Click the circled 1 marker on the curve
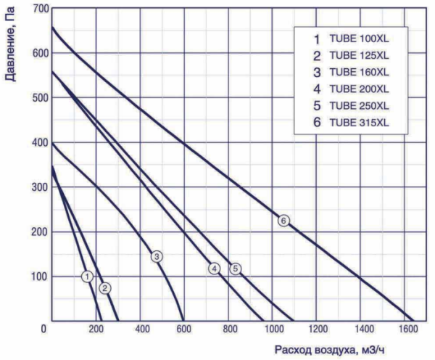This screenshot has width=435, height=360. [x=87, y=277]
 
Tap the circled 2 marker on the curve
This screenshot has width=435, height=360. [x=105, y=288]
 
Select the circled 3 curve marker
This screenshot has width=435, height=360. [x=157, y=256]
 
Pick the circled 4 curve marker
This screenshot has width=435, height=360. [x=215, y=269]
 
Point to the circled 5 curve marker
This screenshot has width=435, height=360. [x=236, y=269]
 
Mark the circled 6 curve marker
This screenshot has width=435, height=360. [x=283, y=220]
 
